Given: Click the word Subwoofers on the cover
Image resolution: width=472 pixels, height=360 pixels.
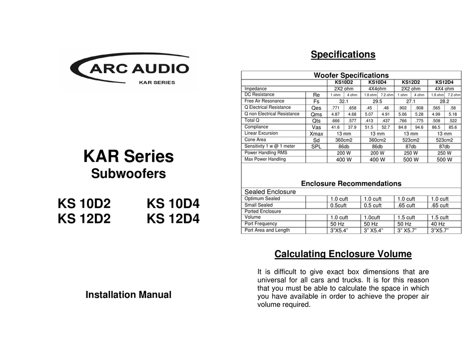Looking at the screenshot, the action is coord(128,174).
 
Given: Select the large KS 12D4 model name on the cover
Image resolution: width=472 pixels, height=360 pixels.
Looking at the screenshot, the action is coord(173,218).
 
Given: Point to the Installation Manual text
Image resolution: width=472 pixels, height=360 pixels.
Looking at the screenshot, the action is coord(128,294).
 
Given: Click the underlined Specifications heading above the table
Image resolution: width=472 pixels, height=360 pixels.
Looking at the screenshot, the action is coord(343,55).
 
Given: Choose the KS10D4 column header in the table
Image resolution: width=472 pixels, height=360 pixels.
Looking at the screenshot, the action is coord(377,82).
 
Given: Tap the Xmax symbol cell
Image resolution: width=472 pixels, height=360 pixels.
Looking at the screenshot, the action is coord(316,134).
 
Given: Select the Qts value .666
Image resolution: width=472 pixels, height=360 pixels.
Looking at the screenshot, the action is coord(335,121).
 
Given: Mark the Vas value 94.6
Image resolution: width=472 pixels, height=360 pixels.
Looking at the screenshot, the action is coord(419,127).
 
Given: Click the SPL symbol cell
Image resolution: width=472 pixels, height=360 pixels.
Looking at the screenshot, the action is coord(316,146).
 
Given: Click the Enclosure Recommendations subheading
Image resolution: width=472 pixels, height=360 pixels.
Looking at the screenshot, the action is coord(351,183).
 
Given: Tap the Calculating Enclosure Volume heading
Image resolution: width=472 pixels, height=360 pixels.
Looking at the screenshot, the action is coord(343,255).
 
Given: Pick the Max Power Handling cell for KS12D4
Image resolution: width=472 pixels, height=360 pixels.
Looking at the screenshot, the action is coord(444,160).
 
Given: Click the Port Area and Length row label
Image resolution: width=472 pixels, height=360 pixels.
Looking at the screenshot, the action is coord(268,230).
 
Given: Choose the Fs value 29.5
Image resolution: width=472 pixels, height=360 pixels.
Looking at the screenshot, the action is coord(377,101).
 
